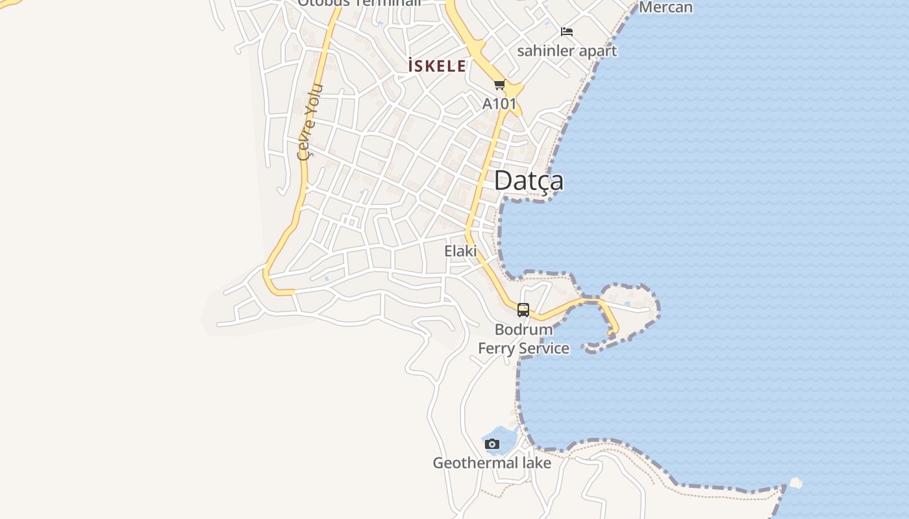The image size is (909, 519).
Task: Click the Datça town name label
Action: coord(529,181)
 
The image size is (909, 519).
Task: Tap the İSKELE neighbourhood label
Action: coord(437,66)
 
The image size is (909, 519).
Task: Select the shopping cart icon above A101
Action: coord(499,85)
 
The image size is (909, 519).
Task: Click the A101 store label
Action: coord(499,103)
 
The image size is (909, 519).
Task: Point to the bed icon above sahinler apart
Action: coord(567,31)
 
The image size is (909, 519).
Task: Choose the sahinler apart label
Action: coord(567,51)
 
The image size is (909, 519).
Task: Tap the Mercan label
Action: coord(666,7)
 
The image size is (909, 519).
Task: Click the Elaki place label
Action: coord(460,251)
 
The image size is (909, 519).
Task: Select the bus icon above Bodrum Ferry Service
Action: coord(523,310)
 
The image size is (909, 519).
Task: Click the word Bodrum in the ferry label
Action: coord(523,330)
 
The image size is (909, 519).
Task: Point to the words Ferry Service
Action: coord(523,348)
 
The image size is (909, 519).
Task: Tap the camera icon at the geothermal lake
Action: coord(492,444)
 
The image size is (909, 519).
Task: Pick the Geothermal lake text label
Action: coord(492,463)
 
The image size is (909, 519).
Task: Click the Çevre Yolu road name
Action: coord(308,121)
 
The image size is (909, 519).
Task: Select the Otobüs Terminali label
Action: coord(359,3)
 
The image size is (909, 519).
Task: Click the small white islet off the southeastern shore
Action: coord(795,483)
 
